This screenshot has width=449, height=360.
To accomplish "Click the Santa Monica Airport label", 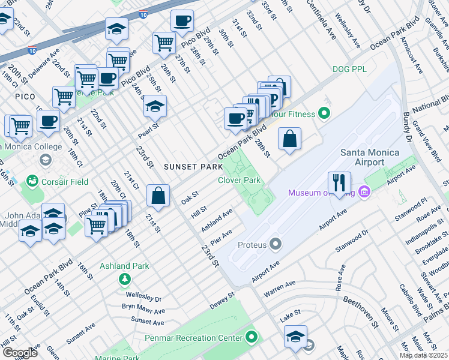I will pos(370,157).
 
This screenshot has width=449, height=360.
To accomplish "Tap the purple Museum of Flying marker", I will pos(363,193).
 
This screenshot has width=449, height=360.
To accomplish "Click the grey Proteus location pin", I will pos(276,244).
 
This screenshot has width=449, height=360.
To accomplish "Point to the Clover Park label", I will pos(239,180).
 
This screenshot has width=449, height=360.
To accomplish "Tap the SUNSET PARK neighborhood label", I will pos(189,166).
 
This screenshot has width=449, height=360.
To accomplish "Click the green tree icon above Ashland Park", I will pos(124,278).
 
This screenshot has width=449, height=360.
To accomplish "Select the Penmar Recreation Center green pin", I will pos(252,337).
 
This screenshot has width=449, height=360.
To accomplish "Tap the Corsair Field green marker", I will pos(32,181).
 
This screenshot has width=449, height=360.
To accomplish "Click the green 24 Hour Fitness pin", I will pos(325,112).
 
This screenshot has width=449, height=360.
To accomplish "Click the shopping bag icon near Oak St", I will pos(158,194).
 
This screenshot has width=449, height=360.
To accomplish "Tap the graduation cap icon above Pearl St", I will pos(155,106).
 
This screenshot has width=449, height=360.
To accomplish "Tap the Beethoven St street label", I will pos(367,310).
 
